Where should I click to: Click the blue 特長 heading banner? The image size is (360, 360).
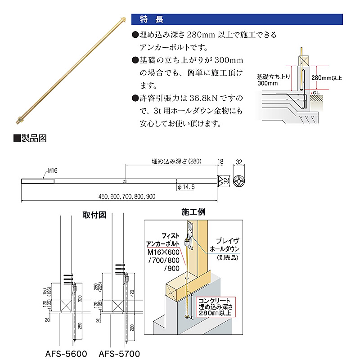coord(237,19)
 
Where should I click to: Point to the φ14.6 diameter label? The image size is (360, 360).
coord(186,186)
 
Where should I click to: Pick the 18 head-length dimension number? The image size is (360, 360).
coord(220,161)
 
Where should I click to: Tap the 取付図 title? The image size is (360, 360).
coord(94,214)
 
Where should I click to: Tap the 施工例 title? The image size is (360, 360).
coord(193,211)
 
